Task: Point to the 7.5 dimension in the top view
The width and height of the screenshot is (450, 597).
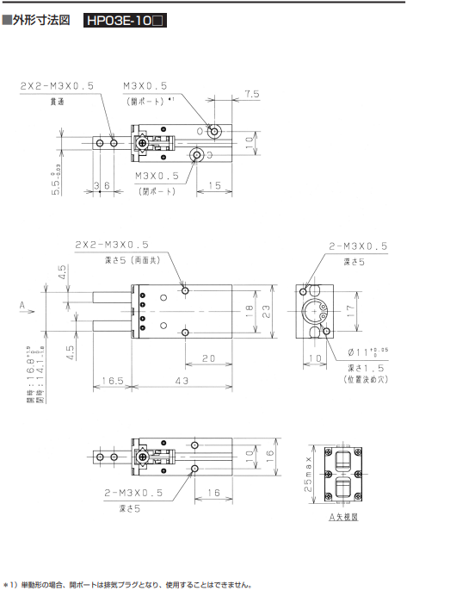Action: pyautogui.click(x=251, y=94)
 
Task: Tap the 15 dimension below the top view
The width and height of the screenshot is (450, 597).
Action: pyautogui.click(x=214, y=184)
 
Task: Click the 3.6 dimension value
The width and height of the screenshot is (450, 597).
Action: pyautogui.click(x=102, y=184)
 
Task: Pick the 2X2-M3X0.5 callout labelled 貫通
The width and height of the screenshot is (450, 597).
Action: pyautogui.click(x=58, y=85)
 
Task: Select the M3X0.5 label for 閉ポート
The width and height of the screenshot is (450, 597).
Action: pyautogui.click(x=157, y=175)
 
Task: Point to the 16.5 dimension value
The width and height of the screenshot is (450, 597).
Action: pyautogui.click(x=111, y=380)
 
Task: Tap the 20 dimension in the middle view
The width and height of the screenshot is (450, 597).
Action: pyautogui.click(x=208, y=358)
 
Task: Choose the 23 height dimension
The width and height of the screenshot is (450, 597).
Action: pyautogui.click(x=266, y=314)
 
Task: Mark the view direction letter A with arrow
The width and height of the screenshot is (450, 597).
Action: pyautogui.click(x=22, y=304)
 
